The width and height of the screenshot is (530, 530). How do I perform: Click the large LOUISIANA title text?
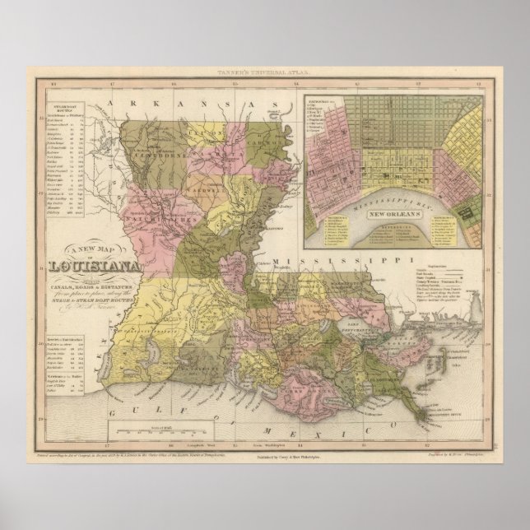tap(95, 265)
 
